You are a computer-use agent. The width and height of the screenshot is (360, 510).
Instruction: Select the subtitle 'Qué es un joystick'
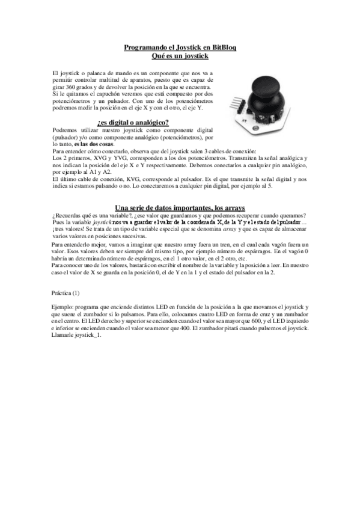pos(179,55)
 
